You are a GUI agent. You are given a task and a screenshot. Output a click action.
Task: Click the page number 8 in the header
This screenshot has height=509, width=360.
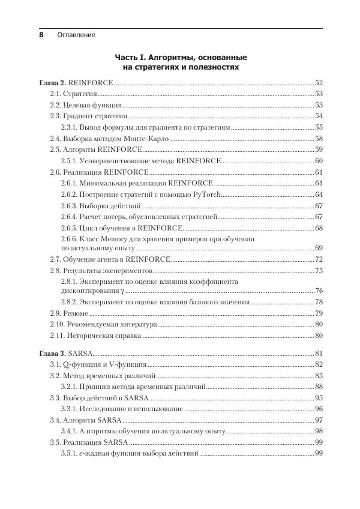click(41, 35)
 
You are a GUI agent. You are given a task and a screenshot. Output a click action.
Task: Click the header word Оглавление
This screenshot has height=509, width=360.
click(76, 35)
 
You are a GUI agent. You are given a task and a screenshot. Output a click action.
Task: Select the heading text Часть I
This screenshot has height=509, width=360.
click(130, 58)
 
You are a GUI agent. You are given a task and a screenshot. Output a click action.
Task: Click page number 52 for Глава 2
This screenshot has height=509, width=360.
click(319, 82)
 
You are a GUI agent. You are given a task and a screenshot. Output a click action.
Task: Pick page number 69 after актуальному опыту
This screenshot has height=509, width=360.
click(319, 248)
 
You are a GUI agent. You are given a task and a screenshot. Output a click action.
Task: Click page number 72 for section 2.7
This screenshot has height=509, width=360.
click(319, 259)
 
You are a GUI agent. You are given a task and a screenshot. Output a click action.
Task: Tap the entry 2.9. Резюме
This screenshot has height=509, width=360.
click(69, 313)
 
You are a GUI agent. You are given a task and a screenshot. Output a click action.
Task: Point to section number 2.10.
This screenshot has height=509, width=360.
click(58, 325)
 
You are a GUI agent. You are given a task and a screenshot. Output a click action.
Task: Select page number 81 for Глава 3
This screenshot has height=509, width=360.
click(319, 354)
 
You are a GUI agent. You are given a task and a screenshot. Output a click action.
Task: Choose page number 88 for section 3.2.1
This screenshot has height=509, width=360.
click(319, 387)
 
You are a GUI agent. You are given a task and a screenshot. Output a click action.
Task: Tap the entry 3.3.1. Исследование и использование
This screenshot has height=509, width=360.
click(122, 409)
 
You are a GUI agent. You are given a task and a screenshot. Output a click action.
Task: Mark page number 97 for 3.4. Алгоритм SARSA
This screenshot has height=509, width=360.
click(319, 420)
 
